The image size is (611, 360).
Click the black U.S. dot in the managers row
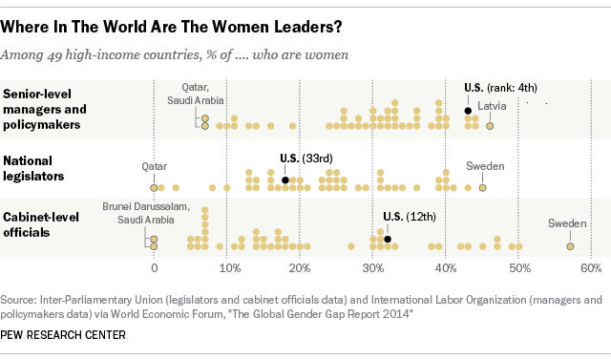coord(468,112)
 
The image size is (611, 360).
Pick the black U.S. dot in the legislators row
coord(285,180)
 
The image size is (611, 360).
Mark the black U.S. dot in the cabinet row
coord(387,239)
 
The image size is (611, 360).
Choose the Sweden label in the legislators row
coord(485,165)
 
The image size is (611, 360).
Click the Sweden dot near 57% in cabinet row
coord(570,246)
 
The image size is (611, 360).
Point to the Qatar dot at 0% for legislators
coord(154,188)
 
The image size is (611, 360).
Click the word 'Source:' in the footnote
coord(22,300)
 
